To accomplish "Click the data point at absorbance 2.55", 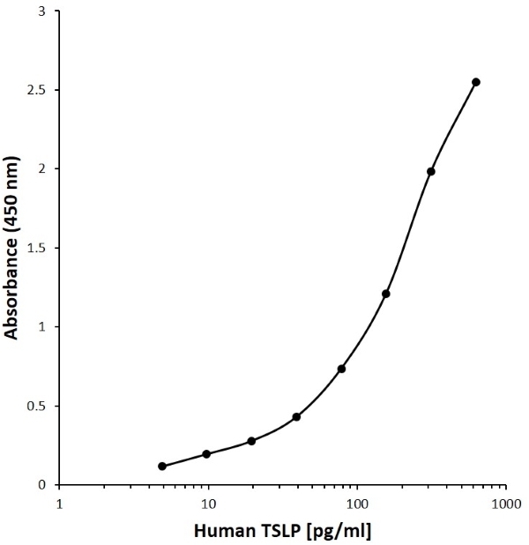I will [476, 82].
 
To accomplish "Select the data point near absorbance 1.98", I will [431, 171].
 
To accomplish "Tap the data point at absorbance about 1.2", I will [386, 294].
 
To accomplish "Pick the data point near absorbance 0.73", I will [341, 369].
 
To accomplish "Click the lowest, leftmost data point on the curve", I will [162, 467].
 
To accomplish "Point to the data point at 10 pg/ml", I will [206, 454].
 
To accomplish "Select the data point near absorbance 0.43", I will [296, 417].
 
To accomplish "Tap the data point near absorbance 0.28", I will [251, 441].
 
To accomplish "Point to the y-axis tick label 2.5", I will [36, 90].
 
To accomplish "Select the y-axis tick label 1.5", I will [36, 248].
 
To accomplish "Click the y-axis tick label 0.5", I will [36, 406].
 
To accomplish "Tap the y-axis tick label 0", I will [42, 485].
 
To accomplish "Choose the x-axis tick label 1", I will [60, 504].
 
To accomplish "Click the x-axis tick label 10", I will [208, 504].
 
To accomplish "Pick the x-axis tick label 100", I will [357, 504].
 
